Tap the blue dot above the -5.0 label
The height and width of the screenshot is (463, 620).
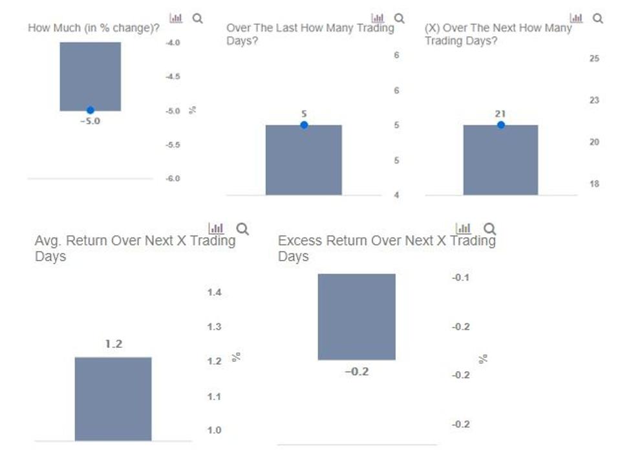coord(91,111)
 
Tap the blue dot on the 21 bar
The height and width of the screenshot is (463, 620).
coord(500,125)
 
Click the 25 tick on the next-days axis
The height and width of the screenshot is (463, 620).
coord(594,58)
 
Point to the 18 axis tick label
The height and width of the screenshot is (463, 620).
coord(594,184)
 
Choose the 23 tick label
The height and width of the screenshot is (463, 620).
coord(594,100)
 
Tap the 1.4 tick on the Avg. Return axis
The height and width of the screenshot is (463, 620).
coord(214,292)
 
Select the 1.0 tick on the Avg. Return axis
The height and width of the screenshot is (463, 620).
coord(214,430)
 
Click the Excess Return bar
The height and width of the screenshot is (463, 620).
coord(356,317)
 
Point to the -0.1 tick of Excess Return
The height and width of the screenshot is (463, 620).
coord(461,277)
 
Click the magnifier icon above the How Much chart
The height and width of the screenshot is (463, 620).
coord(198,19)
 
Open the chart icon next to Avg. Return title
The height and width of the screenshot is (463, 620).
coord(216,228)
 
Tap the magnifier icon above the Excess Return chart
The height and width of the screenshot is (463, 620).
coord(490,228)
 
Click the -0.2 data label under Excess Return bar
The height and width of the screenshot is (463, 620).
coord(356,372)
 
